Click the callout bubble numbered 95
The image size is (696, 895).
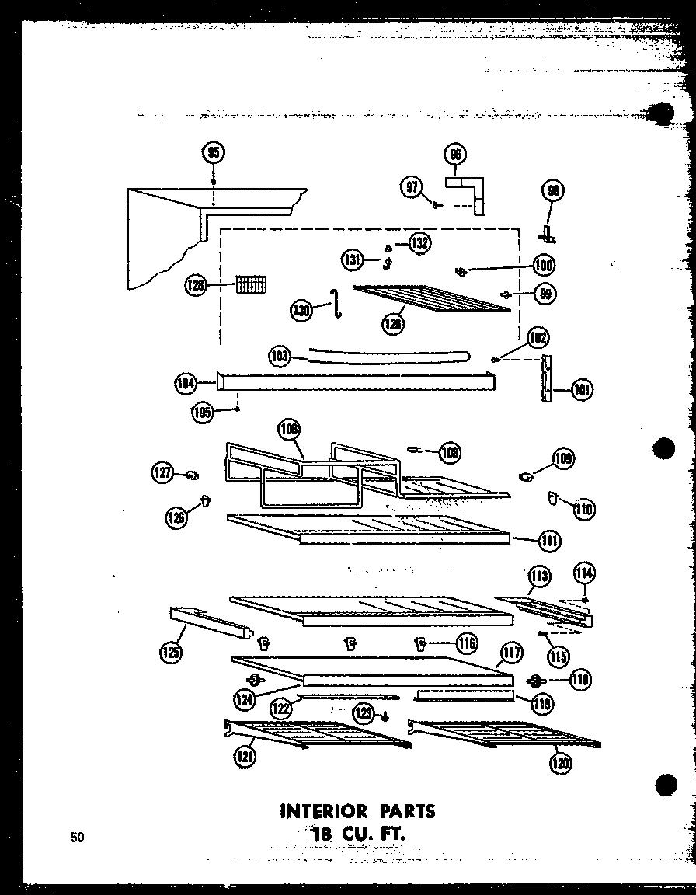point(213,152)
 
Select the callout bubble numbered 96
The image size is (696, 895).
point(455,155)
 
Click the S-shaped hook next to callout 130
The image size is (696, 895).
point(336,302)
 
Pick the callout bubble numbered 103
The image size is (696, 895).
point(280,357)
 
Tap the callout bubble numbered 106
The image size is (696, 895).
point(290,430)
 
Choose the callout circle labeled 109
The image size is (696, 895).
point(563,459)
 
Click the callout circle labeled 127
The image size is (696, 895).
point(164,473)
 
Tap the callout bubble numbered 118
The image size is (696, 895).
point(579,680)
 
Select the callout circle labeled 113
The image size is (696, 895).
point(539,576)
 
